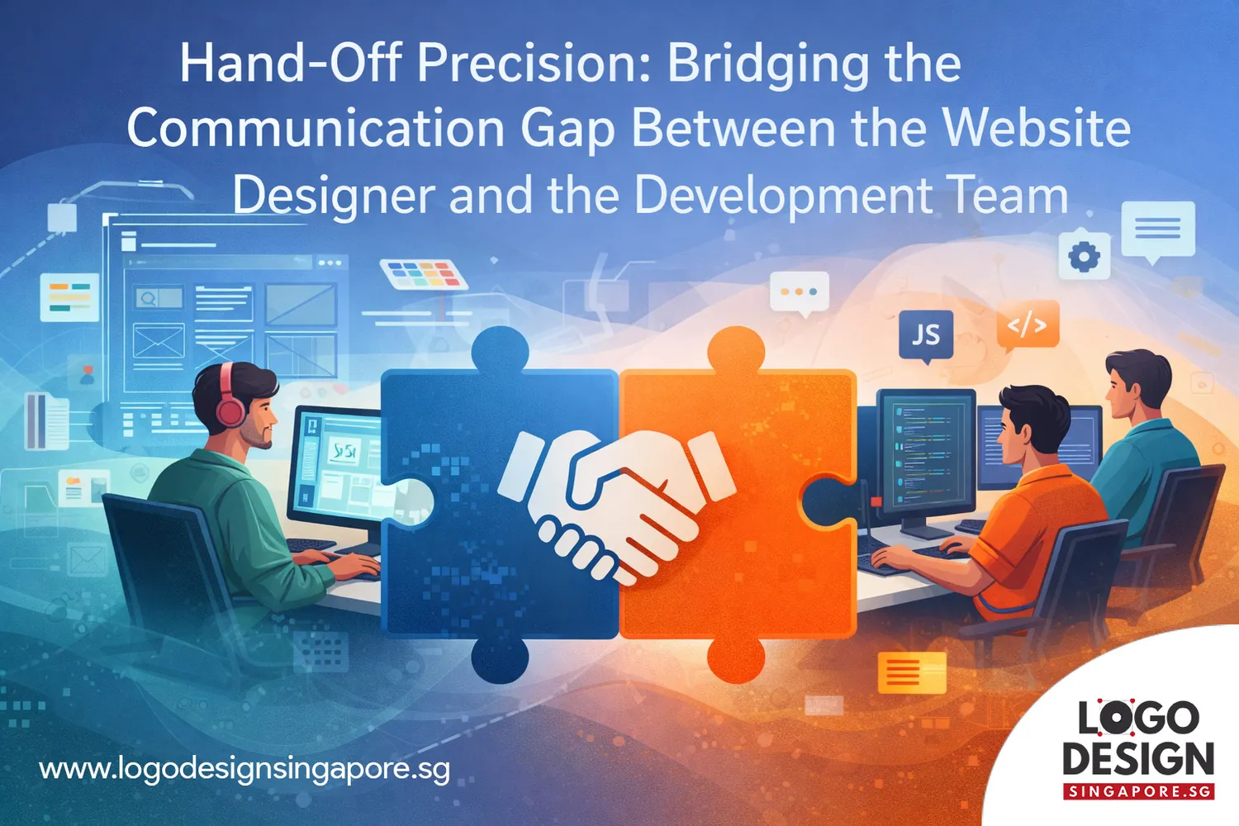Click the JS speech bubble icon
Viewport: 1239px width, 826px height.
(926, 336)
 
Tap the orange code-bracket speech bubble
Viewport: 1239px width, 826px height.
(1028, 326)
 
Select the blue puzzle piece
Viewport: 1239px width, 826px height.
(498, 504)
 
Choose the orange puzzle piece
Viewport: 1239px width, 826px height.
(738, 504)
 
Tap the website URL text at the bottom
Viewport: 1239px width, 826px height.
(244, 770)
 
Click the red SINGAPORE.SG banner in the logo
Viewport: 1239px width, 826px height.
(1138, 791)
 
